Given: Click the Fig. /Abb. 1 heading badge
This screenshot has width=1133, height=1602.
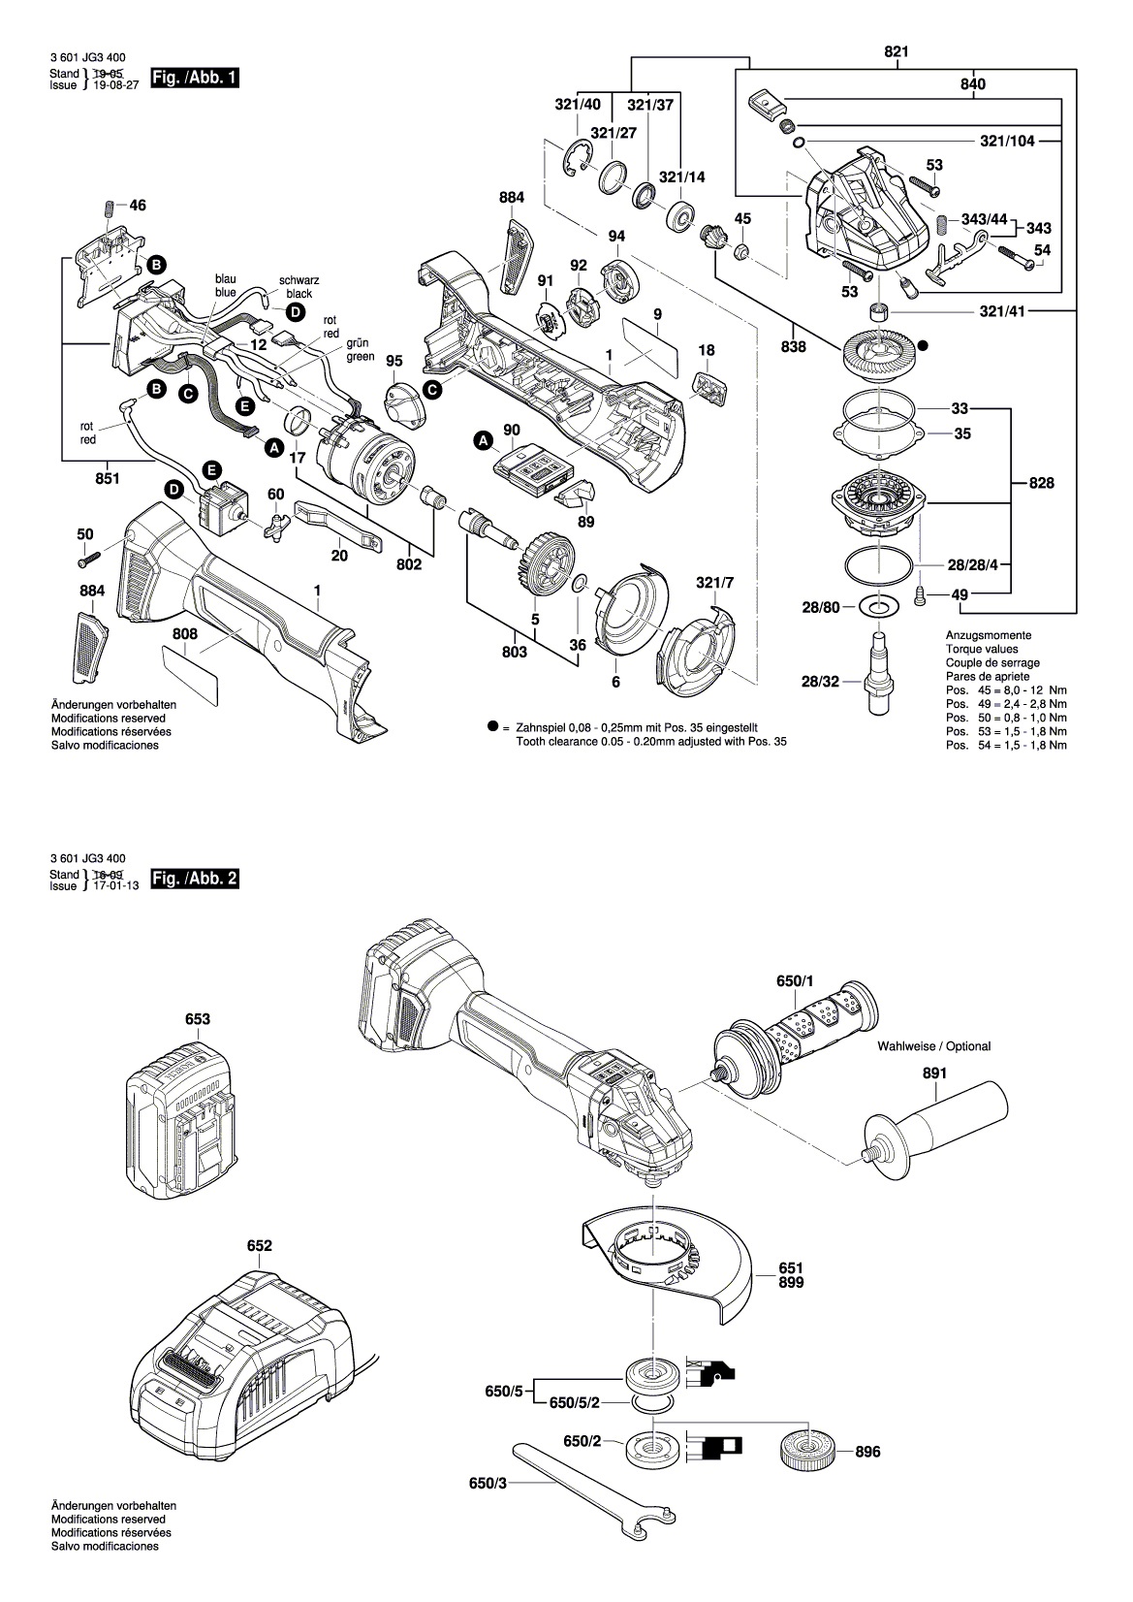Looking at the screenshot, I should point(195,78).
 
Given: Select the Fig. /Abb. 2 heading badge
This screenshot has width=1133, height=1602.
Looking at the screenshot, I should point(195,880).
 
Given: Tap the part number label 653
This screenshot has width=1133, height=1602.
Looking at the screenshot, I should point(198,1019).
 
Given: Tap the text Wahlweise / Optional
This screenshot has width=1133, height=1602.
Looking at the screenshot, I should point(933,1046).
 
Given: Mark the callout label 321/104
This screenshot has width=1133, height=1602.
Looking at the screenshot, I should point(1007,141).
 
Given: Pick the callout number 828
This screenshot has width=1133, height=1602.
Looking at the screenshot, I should point(1042,482).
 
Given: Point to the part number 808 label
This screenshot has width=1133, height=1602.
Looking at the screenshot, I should point(185,634).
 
